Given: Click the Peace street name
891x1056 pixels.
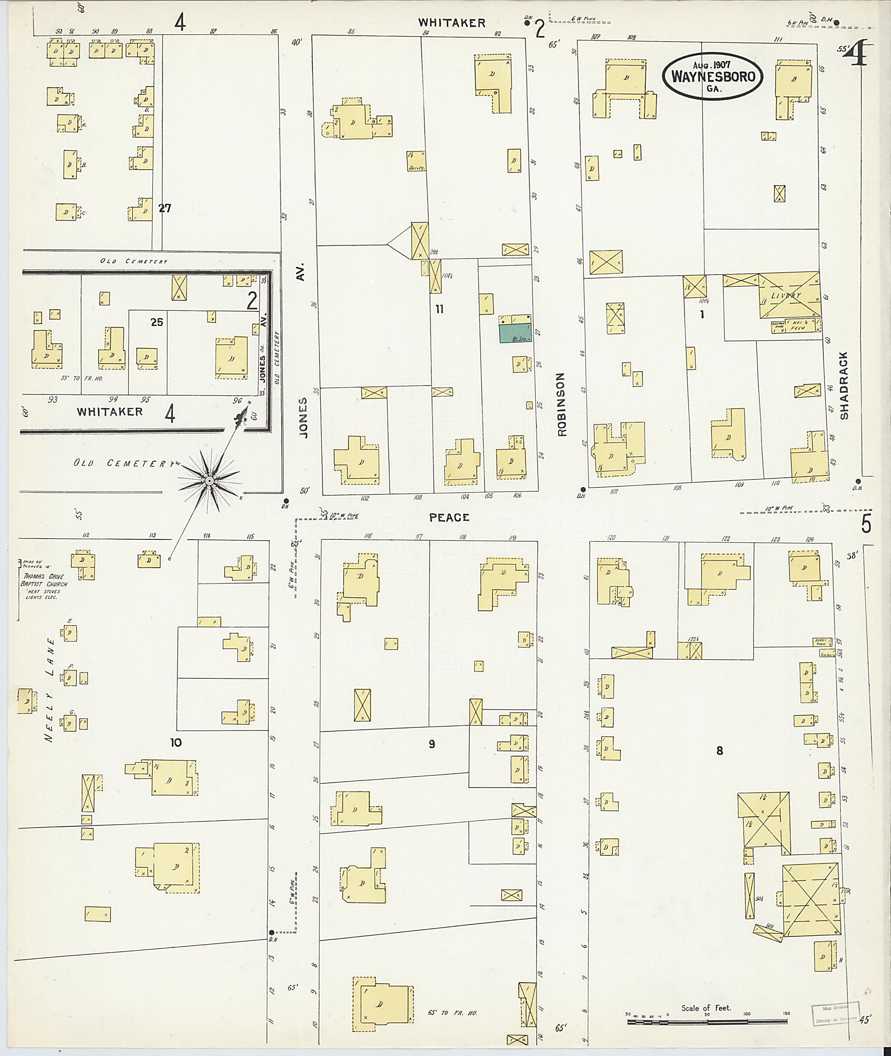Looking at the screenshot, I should (x=449, y=517).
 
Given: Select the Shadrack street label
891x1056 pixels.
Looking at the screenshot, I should (x=844, y=386).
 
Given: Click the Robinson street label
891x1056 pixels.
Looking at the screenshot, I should (x=562, y=404).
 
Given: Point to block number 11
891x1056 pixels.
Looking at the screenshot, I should (x=439, y=309).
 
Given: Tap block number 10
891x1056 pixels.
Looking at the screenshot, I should (x=176, y=742).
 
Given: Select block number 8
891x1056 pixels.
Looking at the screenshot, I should (x=719, y=751).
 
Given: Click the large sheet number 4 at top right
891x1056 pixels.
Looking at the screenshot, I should (x=856, y=53).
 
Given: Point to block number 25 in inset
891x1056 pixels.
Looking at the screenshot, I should (x=157, y=322).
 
